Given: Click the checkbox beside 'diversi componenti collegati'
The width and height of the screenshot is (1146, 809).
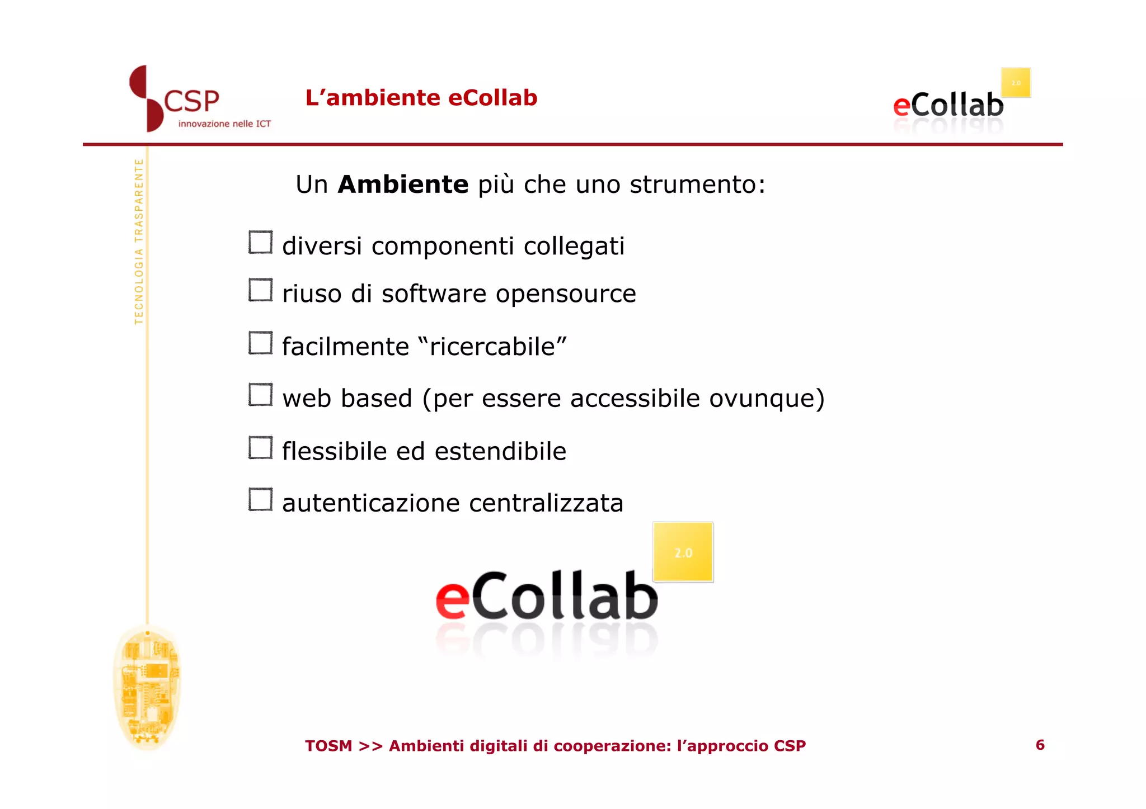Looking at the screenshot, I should pos(260,242).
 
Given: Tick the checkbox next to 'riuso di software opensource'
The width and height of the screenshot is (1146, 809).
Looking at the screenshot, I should pos(260,290).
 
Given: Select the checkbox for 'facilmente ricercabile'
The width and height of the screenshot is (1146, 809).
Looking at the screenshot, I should pos(260,343).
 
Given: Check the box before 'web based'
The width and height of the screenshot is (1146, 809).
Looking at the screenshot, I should pos(260,395).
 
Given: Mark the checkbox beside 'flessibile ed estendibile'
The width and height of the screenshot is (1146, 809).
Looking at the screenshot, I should pos(260,448).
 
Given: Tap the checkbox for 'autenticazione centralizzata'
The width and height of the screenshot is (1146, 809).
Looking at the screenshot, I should pos(260,499).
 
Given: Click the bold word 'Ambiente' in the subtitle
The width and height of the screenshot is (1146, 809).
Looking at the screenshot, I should pos(403,184).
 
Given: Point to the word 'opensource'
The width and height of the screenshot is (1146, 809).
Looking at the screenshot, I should pos(566,294).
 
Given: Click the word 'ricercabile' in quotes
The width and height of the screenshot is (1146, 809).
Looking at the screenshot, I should pos(492,347).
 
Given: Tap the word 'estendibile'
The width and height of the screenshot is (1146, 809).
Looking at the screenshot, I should pos(500,451).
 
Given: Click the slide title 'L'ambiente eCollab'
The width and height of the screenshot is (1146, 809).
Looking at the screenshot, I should pos(421,98).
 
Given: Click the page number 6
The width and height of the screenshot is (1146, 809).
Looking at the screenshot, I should pos(1040,745).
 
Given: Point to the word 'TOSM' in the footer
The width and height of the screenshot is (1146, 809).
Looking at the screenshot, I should pos(328,746).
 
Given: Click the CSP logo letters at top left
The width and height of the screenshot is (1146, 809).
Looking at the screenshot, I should pos(191,102).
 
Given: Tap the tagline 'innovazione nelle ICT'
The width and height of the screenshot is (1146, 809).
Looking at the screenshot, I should pos(224,124).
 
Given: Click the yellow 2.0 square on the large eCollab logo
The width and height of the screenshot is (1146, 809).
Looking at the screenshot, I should pos(683,552).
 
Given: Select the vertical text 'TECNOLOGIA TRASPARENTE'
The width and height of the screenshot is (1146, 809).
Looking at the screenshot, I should pos(139,241).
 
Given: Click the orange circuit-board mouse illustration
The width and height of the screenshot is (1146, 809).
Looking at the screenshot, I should pos(147,687).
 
